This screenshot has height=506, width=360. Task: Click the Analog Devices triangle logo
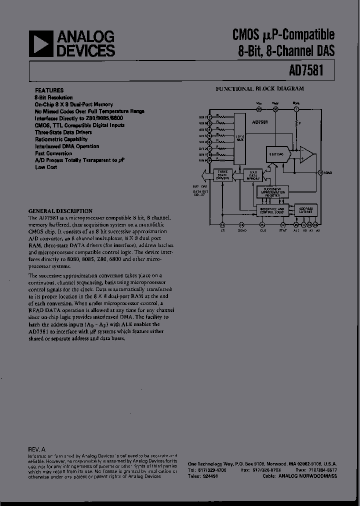[40, 43]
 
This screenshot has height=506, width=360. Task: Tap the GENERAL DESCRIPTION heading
[60, 211]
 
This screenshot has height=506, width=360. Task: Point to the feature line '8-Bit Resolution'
[53, 97]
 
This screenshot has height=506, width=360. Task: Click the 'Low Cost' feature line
[46, 167]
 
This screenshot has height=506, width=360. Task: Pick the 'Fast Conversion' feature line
[53, 153]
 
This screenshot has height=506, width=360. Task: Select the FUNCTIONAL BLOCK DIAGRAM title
[259, 88]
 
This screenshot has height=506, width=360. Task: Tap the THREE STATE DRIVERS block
[222, 175]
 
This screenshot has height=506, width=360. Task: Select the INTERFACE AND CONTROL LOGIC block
[271, 210]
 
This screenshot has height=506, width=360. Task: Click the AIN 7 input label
[202, 116]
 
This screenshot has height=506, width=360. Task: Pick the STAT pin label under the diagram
[283, 231]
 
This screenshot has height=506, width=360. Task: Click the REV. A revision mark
[37, 449]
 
